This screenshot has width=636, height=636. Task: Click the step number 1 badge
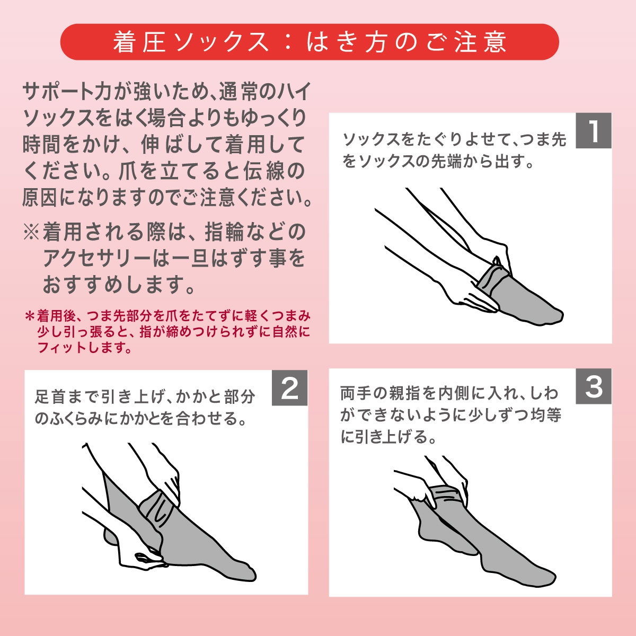(594, 130)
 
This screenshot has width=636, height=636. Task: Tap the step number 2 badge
(289, 387)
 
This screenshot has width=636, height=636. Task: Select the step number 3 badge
(594, 386)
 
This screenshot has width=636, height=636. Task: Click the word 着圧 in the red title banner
(139, 42)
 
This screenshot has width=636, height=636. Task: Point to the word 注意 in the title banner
(481, 42)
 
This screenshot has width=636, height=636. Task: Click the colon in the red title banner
(288, 42)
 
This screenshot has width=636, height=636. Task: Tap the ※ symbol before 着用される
(31, 232)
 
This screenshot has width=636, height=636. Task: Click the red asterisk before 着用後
(30, 316)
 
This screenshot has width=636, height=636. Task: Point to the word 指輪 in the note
(224, 232)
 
